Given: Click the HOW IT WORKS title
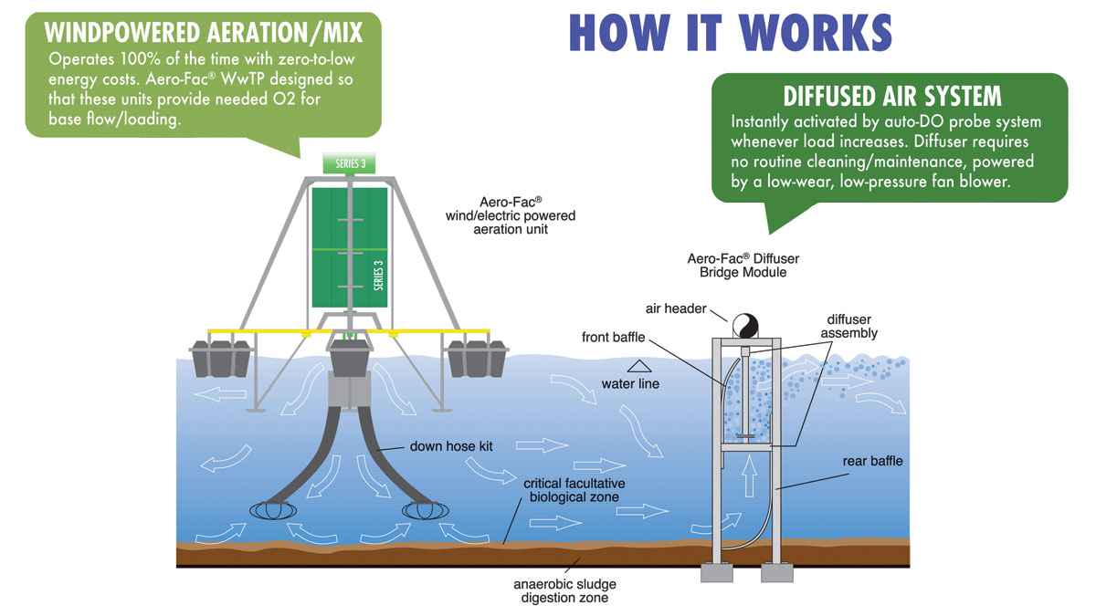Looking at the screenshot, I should click(x=730, y=32).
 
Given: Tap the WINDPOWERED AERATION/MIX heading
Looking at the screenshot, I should click(x=204, y=33).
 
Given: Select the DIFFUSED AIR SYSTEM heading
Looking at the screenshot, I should click(x=891, y=97).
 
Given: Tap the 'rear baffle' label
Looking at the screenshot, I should click(x=871, y=461).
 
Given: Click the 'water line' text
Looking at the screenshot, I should click(x=630, y=384).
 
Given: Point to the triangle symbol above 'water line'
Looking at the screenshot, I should click(x=629, y=365).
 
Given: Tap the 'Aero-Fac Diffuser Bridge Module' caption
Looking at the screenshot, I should click(x=736, y=266).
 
